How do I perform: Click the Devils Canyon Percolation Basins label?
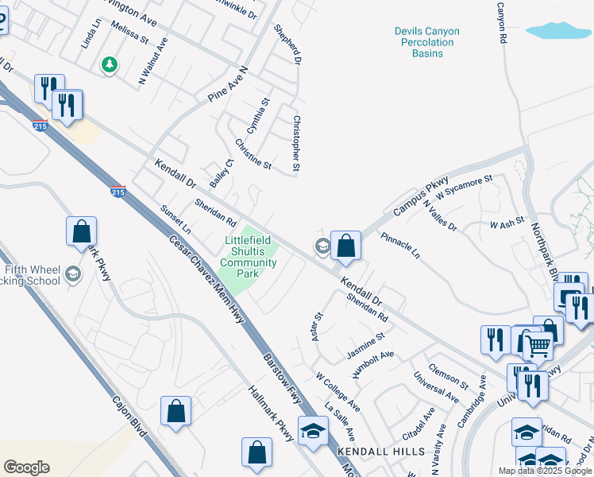click(426, 42)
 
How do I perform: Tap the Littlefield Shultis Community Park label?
click(249, 257)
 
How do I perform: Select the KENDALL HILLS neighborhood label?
click(380, 451)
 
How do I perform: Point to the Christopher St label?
click(296, 144)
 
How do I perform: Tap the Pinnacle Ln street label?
click(399, 246)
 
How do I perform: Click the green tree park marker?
click(110, 64)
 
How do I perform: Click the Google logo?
click(26, 467)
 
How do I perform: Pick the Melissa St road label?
click(129, 33)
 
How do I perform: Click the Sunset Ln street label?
click(175, 220)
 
